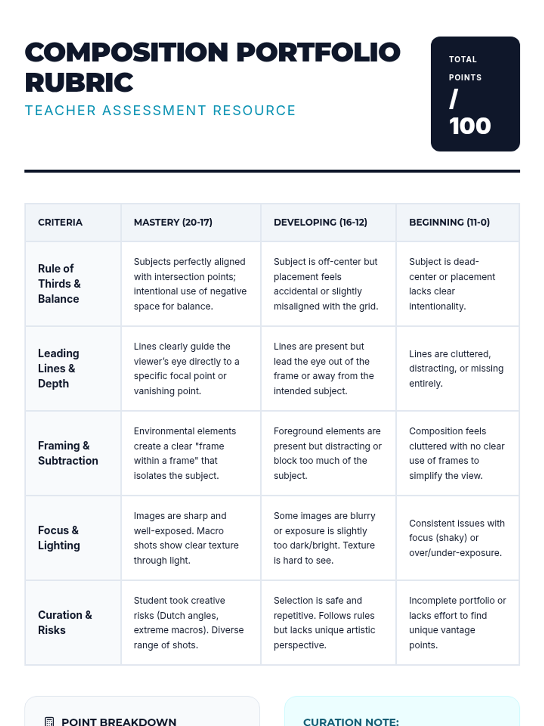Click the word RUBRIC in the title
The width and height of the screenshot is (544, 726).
click(79, 83)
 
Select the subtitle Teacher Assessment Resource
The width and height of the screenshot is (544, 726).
click(160, 111)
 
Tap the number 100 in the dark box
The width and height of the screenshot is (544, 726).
click(470, 126)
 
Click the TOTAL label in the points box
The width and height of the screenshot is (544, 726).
click(462, 59)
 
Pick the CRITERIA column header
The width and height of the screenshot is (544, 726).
click(60, 222)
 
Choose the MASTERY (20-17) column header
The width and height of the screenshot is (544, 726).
click(173, 222)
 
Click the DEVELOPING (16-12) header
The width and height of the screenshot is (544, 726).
click(320, 222)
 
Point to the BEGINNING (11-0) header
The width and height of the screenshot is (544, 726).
click(449, 222)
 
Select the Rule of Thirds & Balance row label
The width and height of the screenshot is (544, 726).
click(59, 284)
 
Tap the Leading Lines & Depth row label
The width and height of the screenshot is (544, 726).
click(58, 368)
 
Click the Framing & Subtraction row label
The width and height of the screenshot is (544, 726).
click(68, 453)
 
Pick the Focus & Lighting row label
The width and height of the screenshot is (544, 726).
click(59, 538)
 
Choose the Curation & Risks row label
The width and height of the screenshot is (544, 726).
click(65, 623)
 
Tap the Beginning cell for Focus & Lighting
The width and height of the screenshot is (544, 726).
click(457, 538)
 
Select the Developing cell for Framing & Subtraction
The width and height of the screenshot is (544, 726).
click(327, 453)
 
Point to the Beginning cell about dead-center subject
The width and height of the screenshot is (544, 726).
click(452, 284)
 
